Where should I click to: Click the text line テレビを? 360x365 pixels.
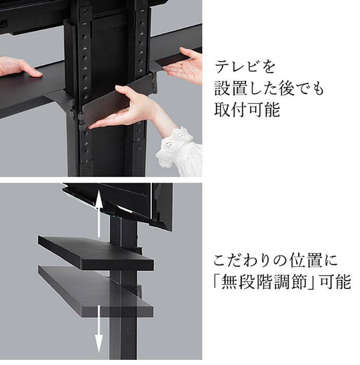pos(245,67)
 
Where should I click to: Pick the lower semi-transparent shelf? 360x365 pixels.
pos(95,290)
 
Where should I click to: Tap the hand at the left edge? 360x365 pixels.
pos(18,67)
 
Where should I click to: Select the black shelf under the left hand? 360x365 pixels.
pos(31,90)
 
